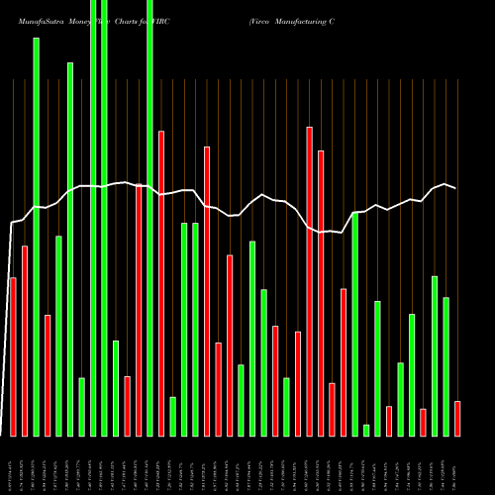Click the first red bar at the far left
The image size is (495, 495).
coord(13,356)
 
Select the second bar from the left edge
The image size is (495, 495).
coord(25,341)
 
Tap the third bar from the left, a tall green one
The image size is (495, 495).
coord(36,238)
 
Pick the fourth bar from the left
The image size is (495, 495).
coord(48,375)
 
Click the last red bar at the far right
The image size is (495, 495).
coord(457,418)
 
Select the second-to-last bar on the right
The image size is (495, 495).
coord(445,366)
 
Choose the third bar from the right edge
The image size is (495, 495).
coord(435,355)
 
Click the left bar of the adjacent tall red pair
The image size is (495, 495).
coord(309,281)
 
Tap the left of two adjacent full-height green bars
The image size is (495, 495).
coord(93,218)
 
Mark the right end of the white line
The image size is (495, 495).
coord(456,188)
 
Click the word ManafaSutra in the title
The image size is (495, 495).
coord(29,20)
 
